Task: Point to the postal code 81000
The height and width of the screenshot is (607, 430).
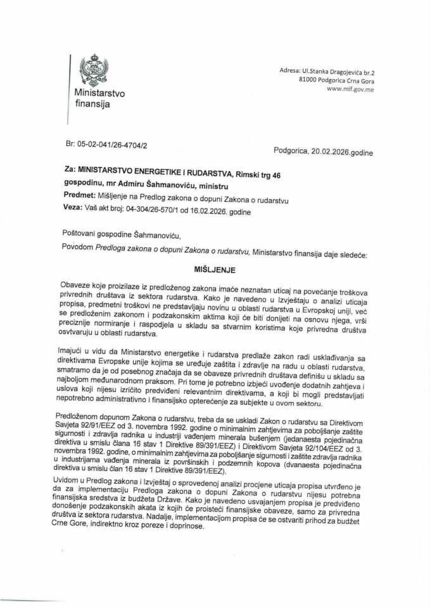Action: point(310,82)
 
